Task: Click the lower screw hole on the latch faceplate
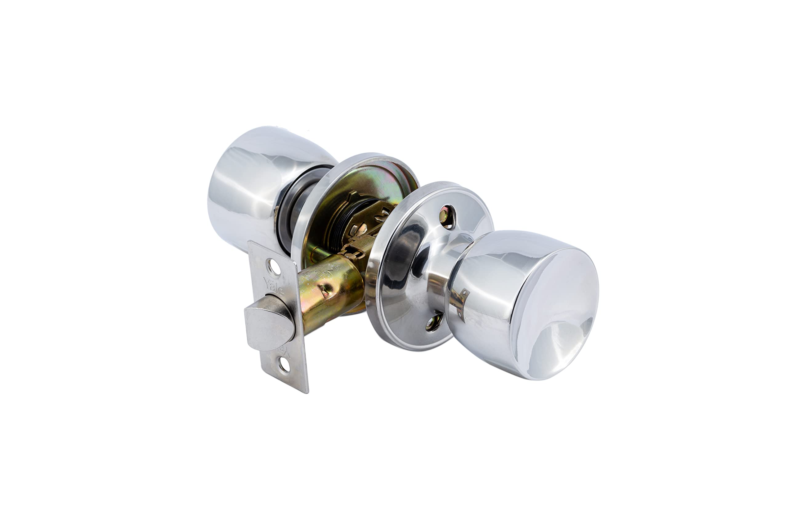pos(284,366)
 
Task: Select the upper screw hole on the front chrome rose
pos(447,217)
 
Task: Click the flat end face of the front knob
pos(556,315)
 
